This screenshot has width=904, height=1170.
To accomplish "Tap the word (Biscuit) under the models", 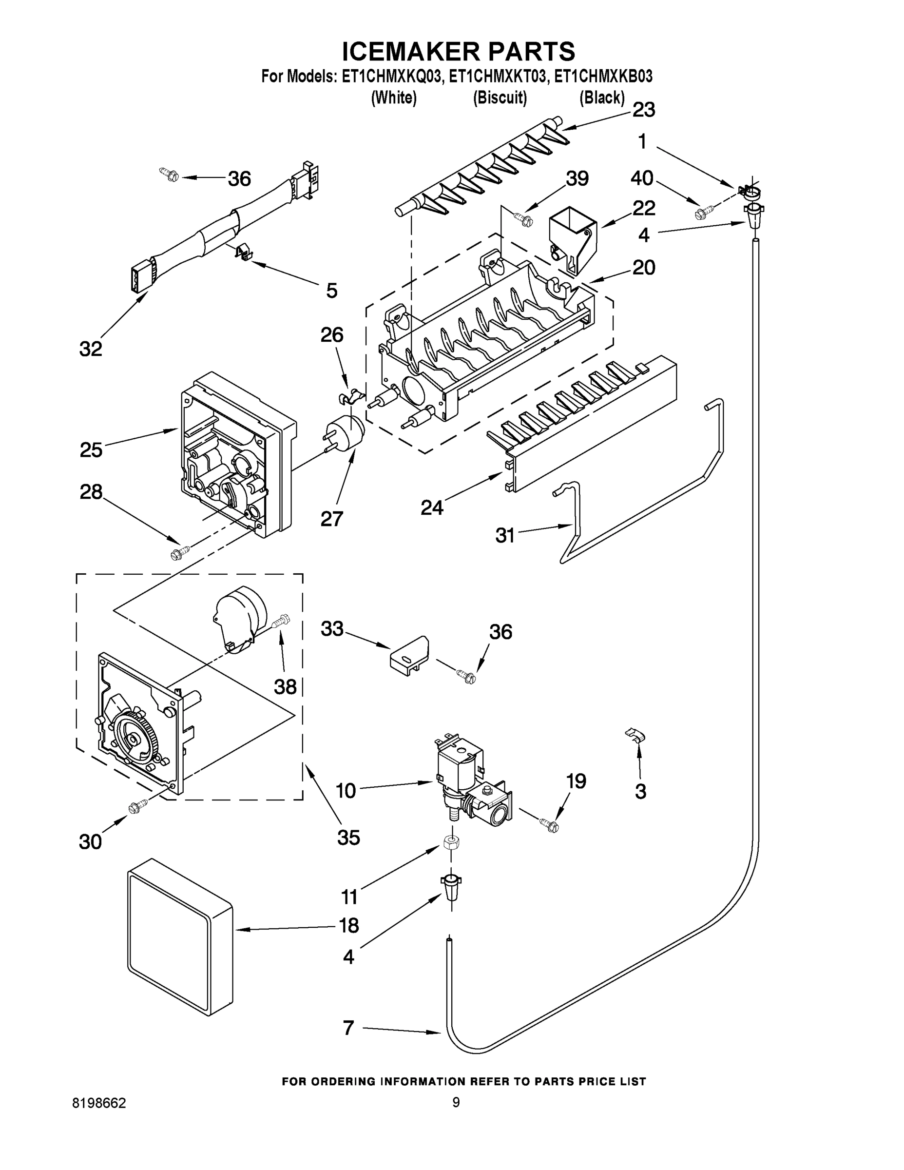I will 500,98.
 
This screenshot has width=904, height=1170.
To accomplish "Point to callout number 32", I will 91,349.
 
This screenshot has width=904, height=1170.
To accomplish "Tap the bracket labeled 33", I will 410,654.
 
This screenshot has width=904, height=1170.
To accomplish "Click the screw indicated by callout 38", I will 282,622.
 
